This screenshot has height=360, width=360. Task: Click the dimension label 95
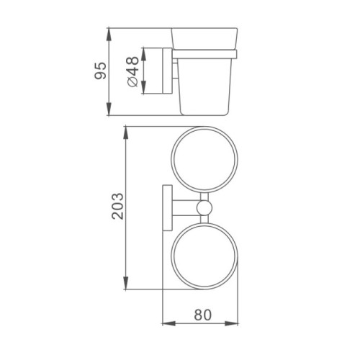100,71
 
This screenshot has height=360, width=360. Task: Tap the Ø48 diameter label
132,71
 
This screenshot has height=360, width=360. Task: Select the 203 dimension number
118,206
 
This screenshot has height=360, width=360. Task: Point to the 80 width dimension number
203,315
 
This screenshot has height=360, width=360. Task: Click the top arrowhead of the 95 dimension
109,35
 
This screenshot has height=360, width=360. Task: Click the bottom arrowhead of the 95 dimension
109,109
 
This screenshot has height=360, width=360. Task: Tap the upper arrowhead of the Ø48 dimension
143,54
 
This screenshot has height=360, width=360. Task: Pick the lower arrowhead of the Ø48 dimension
143,87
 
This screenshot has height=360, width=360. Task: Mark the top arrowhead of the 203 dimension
126,133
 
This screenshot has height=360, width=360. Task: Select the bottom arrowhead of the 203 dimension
126,283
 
